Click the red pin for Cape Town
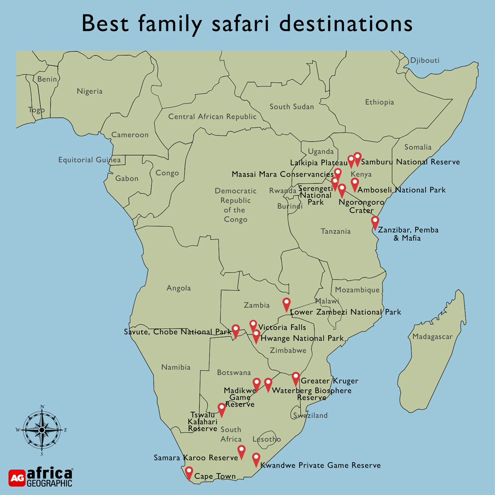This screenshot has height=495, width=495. pyautogui.click(x=189, y=472)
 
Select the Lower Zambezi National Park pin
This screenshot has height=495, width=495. pyautogui.click(x=287, y=304)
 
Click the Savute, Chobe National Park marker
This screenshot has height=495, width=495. pyautogui.click(x=236, y=330)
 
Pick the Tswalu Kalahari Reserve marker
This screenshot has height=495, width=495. pyautogui.click(x=222, y=408)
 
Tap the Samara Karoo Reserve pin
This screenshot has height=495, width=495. pyautogui.click(x=242, y=451)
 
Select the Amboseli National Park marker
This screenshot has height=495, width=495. pyautogui.click(x=355, y=184)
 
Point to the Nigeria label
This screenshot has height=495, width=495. pyautogui.click(x=89, y=91)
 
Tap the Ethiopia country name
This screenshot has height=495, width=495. pyautogui.click(x=379, y=102)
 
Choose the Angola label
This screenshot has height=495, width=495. pyautogui.click(x=179, y=288)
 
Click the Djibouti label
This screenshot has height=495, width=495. pyautogui.click(x=424, y=60)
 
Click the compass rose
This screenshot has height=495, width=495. pyautogui.click(x=42, y=429)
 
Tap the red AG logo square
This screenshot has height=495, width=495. pyautogui.click(x=16, y=478)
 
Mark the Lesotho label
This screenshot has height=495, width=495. pyautogui.click(x=266, y=439)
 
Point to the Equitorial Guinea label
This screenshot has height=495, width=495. pyautogui.click(x=89, y=160)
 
